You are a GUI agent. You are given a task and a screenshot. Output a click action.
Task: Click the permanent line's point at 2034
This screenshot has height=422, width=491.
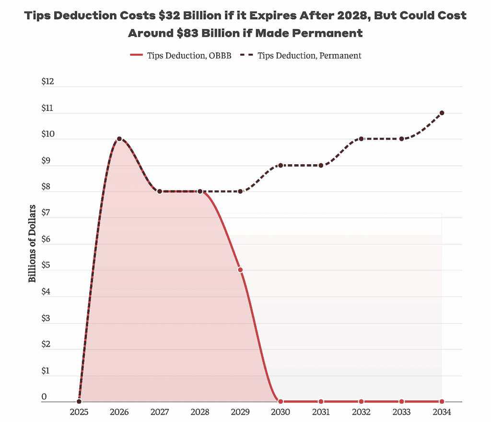(442, 113)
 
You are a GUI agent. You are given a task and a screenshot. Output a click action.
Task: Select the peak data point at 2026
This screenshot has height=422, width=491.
(119, 139)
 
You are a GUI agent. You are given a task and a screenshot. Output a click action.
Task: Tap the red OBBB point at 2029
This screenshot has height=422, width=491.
(240, 270)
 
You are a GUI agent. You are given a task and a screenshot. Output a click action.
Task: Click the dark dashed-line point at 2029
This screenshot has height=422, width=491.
(240, 191)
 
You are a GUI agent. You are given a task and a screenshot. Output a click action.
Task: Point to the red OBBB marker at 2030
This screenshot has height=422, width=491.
(281, 401)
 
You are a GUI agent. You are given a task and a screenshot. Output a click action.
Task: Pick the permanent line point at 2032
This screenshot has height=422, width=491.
(361, 139)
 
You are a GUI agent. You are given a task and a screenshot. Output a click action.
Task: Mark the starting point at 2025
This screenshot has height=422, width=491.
(79, 401)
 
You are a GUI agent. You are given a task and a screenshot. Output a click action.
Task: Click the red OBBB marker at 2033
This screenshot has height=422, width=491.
(401, 401)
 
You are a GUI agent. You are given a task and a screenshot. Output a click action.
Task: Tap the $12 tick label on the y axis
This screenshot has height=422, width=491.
(48, 82)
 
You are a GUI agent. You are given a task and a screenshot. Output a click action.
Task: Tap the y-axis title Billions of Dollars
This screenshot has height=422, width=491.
(32, 243)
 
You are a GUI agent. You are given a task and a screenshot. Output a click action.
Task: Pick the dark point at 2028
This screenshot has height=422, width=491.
(200, 191)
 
